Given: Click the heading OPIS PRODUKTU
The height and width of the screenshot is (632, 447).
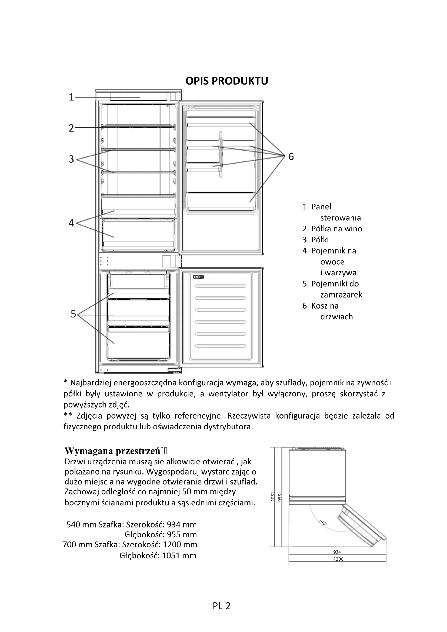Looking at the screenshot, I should (x=226, y=81).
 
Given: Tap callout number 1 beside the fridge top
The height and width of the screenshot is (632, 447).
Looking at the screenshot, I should (x=72, y=97).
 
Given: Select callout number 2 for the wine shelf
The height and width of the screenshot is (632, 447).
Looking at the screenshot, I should (x=72, y=128).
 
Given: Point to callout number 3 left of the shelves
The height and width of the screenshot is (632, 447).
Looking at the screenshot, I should (x=72, y=159).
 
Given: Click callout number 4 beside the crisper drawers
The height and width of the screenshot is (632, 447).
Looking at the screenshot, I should (x=72, y=223).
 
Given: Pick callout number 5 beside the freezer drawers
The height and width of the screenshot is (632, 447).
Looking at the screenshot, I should (x=73, y=314).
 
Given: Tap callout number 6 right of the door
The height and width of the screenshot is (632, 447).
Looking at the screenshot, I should (x=291, y=157).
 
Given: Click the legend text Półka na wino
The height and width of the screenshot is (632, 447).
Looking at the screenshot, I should (x=336, y=229).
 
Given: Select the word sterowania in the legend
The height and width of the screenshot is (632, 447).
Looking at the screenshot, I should (x=341, y=218).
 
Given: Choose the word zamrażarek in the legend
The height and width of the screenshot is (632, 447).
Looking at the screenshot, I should (x=341, y=295).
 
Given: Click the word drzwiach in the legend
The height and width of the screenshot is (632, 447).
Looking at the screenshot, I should (x=336, y=317).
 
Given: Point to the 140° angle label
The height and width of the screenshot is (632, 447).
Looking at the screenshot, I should (x=323, y=521).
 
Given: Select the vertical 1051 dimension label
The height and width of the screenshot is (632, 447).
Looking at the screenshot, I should (x=273, y=496).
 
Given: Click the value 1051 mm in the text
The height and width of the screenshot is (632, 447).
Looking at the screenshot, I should (x=179, y=556).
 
